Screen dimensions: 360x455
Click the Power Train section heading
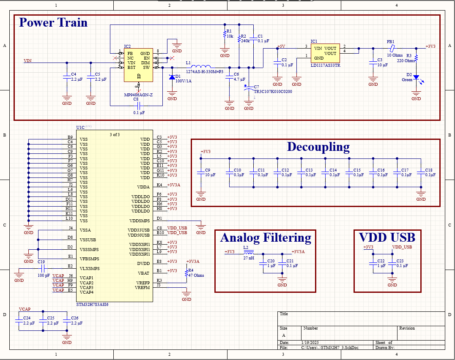pyautogui.click(x=53, y=22)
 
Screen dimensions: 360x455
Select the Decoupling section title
pyautogui.click(x=318, y=147)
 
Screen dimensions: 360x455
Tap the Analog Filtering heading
pyautogui.click(x=266, y=237)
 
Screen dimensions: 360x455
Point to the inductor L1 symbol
pyautogui.click(x=201, y=67)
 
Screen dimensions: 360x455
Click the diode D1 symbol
pyautogui.click(x=172, y=77)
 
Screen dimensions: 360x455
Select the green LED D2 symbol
pyautogui.click(x=416, y=77)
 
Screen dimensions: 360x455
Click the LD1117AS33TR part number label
pyautogui.click(x=326, y=65)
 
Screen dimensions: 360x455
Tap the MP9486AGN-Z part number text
pyautogui.click(x=138, y=95)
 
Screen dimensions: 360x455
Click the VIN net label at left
pyautogui.click(x=28, y=60)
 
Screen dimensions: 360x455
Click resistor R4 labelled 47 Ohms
pyautogui.click(x=186, y=273)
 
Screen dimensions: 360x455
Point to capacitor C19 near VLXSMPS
pyautogui.click(x=41, y=269)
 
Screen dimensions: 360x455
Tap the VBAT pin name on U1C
pyautogui.click(x=144, y=273)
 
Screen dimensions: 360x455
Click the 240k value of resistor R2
pyautogui.click(x=245, y=41)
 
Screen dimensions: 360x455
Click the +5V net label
pyautogui.click(x=281, y=46)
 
